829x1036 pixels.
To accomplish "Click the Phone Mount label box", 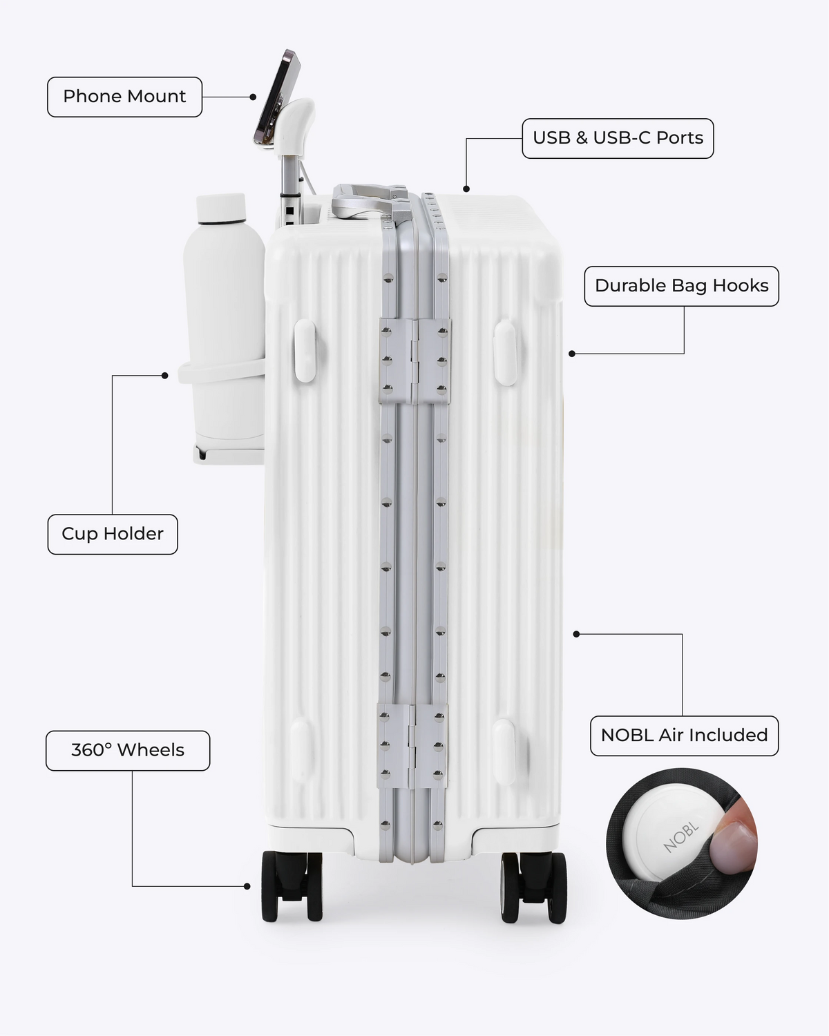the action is (x=124, y=97).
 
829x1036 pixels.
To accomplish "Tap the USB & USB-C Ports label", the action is (x=618, y=138).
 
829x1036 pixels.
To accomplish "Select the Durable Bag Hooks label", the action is (x=681, y=286).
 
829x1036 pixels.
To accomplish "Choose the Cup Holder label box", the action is (x=112, y=534).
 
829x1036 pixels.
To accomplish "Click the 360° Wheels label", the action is (x=128, y=750).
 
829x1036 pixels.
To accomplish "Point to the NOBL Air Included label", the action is (x=684, y=735).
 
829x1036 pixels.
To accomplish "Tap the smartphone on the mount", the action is (x=278, y=96).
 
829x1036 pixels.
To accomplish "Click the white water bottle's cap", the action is (x=221, y=208).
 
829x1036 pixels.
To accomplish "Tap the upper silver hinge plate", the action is (x=414, y=361).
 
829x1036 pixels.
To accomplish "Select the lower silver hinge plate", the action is (x=412, y=746).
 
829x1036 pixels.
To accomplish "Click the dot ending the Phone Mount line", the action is (x=253, y=97).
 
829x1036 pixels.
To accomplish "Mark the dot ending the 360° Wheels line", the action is (x=247, y=886).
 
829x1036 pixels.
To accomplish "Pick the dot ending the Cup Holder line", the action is (x=164, y=376).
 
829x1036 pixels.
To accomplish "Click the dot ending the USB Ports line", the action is (x=466, y=189).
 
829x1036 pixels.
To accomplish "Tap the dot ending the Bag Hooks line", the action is (x=572, y=354).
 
